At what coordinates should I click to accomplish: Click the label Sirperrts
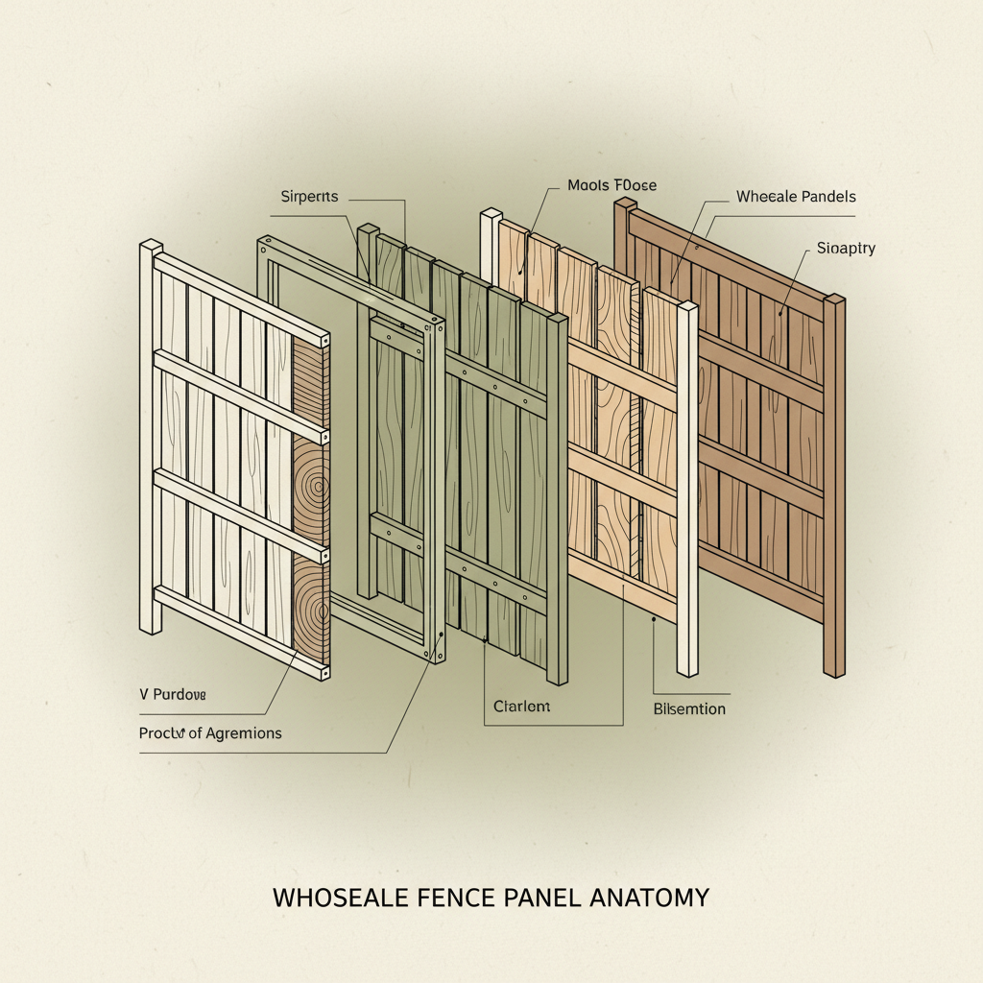(x=309, y=197)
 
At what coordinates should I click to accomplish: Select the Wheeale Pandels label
(x=796, y=197)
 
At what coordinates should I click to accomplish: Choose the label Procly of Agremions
(x=210, y=733)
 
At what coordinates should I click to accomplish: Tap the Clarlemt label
(x=521, y=707)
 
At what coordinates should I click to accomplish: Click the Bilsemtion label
(x=688, y=709)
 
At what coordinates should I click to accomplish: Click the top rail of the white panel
(x=240, y=298)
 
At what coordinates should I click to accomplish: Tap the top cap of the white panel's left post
(x=151, y=247)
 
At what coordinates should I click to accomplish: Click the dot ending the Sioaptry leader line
(x=782, y=312)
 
